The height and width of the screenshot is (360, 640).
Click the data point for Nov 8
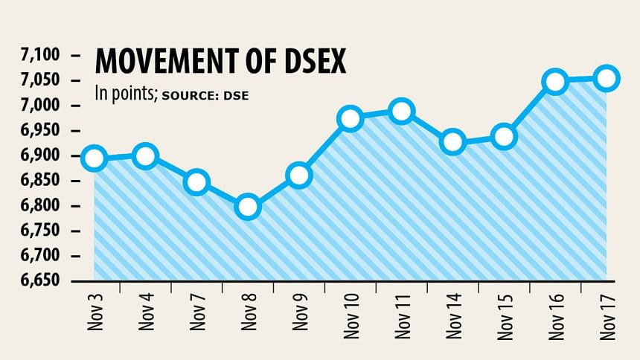pos(248,206)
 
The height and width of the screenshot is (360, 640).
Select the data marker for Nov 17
pos(607,78)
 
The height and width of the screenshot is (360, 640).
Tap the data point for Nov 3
pos(95,158)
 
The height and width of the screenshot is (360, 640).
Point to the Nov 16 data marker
pos(556,81)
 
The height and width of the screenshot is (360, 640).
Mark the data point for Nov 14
pos(452,141)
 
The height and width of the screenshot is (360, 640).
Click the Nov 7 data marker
pos(196,181)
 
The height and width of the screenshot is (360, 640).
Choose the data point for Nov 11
pos(401,112)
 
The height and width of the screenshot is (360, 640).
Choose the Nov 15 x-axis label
pos(505,317)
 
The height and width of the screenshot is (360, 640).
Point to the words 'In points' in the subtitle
pos(124,94)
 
